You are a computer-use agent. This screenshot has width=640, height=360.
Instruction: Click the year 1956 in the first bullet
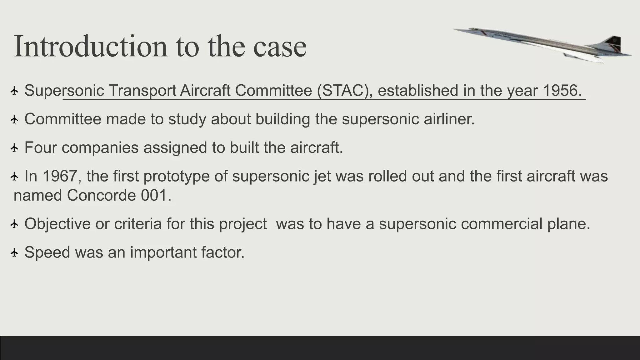[562, 91]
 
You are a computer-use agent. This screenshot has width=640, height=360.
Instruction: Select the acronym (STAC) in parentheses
[345, 91]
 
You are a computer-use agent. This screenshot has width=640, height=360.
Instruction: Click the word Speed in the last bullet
[47, 252]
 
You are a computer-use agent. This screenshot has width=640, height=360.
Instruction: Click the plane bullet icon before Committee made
[14, 119]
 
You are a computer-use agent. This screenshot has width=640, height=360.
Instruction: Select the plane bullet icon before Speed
[14, 252]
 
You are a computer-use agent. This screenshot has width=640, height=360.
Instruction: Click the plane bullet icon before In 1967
[14, 177]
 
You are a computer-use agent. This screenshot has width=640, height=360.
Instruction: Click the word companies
[100, 147]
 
